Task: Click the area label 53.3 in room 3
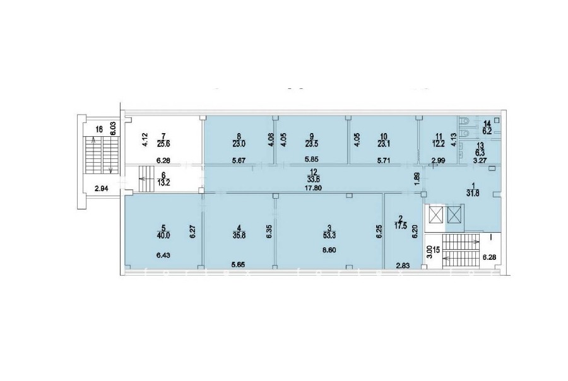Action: [329, 235]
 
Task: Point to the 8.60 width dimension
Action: [329, 250]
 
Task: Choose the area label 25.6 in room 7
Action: [163, 143]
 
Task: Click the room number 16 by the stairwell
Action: [99, 129]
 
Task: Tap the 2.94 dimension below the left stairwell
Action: [102, 188]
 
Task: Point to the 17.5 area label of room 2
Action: [401, 224]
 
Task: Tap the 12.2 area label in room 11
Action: [439, 143]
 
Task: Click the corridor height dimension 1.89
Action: [417, 179]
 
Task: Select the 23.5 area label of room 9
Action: [312, 143]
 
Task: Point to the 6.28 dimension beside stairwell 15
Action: [488, 257]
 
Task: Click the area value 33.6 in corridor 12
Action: [312, 179]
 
